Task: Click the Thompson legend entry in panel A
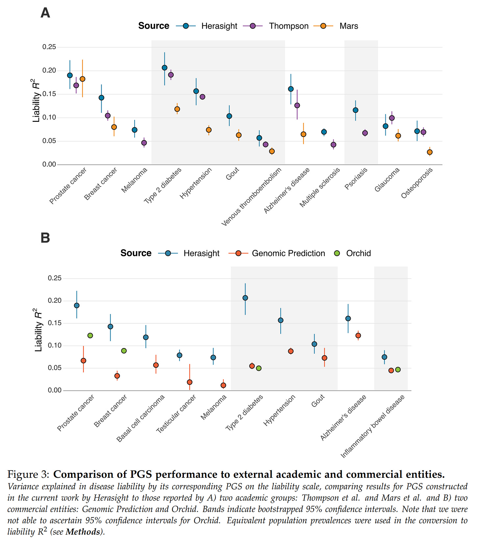point(288,26)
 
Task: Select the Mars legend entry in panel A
point(348,26)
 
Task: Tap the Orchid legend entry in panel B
point(358,253)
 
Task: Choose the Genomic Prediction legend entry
point(288,253)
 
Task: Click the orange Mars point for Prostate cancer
point(83,79)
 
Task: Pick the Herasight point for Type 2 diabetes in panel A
point(164,68)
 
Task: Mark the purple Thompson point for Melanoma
point(144,143)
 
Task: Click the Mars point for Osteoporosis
point(430,152)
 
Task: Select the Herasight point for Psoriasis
point(355,110)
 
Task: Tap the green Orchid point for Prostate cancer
point(90,336)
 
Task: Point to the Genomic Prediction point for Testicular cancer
point(189,382)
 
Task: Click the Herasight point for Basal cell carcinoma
point(146,337)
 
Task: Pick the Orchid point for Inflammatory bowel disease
point(398,369)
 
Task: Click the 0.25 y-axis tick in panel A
point(49,47)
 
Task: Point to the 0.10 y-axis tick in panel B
point(55,345)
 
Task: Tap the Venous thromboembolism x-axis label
point(252,197)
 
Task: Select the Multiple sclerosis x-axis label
point(320,188)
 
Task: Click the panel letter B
point(45,238)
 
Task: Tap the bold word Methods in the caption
point(83,532)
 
